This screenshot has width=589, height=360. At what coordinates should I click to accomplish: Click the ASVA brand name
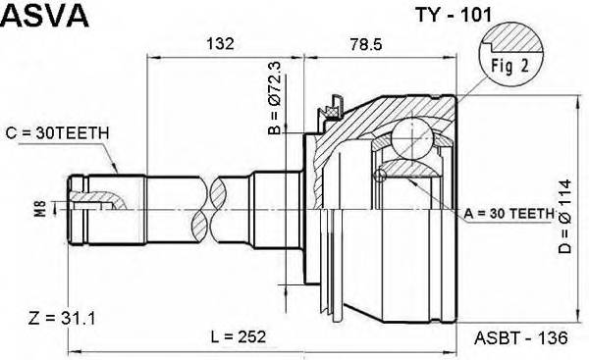point(45,16)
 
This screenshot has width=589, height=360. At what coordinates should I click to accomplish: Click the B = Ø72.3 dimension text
point(275,99)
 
